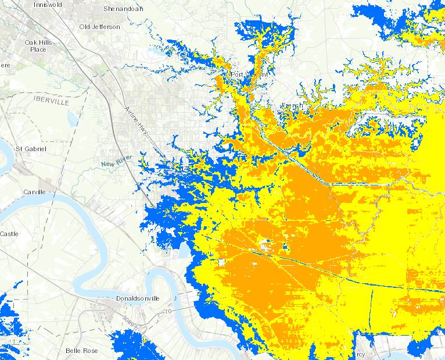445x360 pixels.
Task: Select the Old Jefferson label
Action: click(x=100, y=27)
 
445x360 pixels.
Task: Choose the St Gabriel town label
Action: click(x=30, y=149)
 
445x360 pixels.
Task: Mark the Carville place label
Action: click(x=34, y=191)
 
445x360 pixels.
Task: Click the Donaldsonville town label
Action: click(x=137, y=298)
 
